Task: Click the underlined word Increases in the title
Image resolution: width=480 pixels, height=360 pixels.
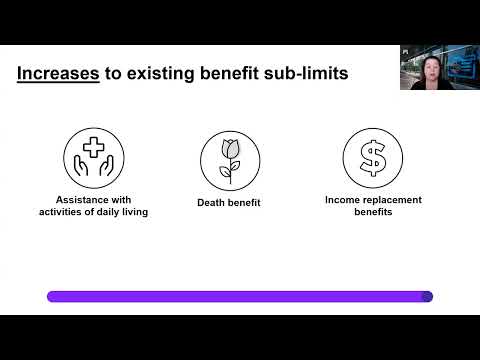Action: (58, 73)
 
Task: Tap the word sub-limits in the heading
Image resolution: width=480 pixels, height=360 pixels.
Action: (306, 73)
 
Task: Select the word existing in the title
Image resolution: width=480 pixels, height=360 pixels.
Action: (161, 74)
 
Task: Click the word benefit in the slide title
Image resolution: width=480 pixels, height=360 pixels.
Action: (229, 73)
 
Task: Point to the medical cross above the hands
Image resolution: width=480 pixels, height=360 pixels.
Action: (94, 147)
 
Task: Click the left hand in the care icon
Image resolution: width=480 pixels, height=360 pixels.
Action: (80, 166)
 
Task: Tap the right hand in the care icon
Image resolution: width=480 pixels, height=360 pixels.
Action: (107, 166)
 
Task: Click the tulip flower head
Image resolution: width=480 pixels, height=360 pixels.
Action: (231, 149)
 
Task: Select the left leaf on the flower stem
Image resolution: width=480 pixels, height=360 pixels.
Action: (225, 172)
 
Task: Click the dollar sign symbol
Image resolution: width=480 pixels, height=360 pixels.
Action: (373, 158)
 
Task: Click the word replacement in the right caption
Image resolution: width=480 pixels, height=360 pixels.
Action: (393, 200)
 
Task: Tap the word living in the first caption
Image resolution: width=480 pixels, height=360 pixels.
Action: (135, 212)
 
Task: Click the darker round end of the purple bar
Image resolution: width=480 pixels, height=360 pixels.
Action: (427, 297)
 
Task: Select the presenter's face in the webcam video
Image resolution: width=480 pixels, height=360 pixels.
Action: (429, 69)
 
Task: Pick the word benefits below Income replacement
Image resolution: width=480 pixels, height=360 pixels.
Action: (373, 212)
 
